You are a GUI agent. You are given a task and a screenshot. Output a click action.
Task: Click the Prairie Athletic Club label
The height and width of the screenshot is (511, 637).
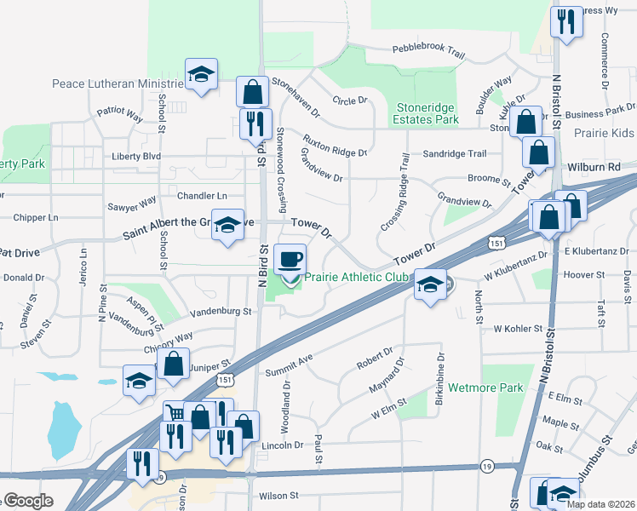pyautogui.click(x=356, y=277)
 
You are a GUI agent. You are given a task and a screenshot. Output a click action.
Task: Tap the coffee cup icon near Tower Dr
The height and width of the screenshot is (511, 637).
pyautogui.click(x=291, y=259)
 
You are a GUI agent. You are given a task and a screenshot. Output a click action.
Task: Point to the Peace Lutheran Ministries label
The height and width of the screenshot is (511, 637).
pyautogui.click(x=118, y=83)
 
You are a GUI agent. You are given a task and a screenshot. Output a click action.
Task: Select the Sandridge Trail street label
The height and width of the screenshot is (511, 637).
pyautogui.click(x=455, y=154)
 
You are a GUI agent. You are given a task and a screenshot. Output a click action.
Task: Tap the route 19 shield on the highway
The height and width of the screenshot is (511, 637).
pyautogui.click(x=486, y=466)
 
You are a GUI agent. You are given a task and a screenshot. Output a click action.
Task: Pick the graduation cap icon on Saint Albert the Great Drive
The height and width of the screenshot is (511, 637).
pyautogui.click(x=227, y=225)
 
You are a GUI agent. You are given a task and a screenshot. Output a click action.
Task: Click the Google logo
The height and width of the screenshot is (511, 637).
pyautogui.click(x=27, y=501)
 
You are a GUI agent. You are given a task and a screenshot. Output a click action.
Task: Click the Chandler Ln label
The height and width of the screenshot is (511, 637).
pyautogui.click(x=202, y=195)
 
